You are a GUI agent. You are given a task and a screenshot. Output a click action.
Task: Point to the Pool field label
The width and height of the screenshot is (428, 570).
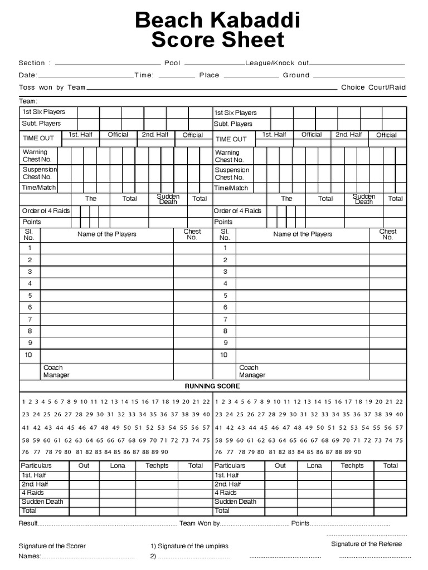(x=172, y=63)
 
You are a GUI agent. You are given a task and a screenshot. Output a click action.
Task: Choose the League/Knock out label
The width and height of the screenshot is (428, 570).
(x=277, y=63)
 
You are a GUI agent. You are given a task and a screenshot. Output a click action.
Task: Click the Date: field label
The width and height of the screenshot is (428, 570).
(x=28, y=75)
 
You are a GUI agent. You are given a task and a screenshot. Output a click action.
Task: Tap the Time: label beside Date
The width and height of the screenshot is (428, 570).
(x=144, y=75)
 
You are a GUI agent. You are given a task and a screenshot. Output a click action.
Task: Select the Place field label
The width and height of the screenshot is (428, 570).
(x=210, y=75)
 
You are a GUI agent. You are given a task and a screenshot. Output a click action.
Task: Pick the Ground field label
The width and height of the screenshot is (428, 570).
(x=296, y=75)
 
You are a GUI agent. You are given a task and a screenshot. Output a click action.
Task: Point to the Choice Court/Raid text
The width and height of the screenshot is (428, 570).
(x=373, y=87)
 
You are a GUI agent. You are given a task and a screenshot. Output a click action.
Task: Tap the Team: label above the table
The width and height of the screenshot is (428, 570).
(x=28, y=101)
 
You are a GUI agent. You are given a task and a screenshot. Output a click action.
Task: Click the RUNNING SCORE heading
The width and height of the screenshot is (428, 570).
(x=212, y=386)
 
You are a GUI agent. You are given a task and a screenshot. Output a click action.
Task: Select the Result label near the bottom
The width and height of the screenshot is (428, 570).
(x=28, y=524)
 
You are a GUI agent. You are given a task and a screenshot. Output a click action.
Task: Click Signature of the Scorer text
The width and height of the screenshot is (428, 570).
(x=52, y=546)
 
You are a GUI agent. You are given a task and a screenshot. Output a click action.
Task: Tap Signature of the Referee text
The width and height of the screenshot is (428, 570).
(x=366, y=544)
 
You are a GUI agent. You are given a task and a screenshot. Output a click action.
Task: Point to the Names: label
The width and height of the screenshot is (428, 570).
(x=30, y=556)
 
